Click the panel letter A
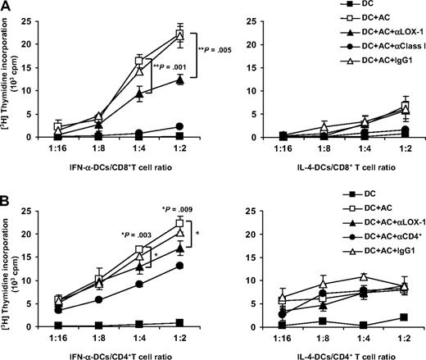click(x=7, y=7)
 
